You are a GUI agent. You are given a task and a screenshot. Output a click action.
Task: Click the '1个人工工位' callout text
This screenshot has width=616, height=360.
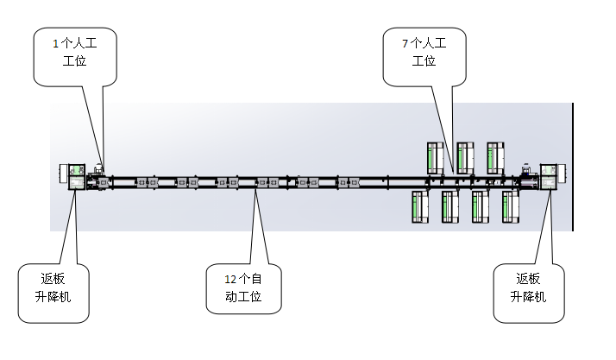pyautogui.click(x=75, y=51)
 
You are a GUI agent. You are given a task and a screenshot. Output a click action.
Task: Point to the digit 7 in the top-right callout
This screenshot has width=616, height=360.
pyautogui.click(x=405, y=41)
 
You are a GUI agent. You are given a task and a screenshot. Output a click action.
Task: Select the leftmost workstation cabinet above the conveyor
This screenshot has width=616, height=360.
pyautogui.click(x=437, y=156)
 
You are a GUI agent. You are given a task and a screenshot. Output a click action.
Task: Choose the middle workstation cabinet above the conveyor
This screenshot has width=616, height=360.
pyautogui.click(x=465, y=156)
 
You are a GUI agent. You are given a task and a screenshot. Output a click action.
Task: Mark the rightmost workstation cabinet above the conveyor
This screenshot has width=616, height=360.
pyautogui.click(x=495, y=156)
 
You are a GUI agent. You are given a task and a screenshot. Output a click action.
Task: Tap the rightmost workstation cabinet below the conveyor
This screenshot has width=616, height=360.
pyautogui.click(x=511, y=206)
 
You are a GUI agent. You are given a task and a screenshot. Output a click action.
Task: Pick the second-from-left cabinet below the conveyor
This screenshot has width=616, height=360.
pyautogui.click(x=450, y=206)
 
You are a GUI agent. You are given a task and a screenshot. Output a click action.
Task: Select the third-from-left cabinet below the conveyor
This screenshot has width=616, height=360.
pyautogui.click(x=481, y=206)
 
